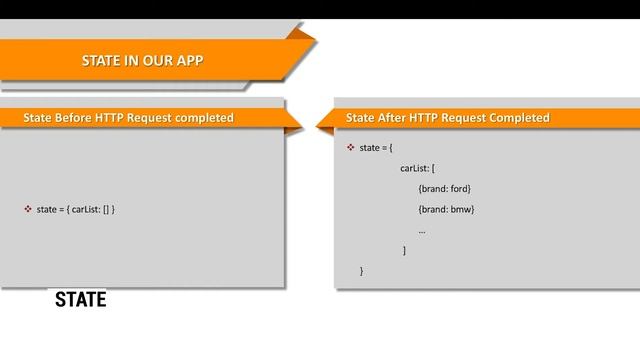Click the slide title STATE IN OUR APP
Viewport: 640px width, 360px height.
142,61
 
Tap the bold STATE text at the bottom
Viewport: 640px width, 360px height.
80,300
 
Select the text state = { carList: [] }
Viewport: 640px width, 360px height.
76,209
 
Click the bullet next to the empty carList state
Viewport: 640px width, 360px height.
27,209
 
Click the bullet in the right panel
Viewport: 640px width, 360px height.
351,147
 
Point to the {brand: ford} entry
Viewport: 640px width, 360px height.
444,188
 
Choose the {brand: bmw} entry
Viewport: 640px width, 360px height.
445,209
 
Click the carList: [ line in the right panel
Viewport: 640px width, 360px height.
417,168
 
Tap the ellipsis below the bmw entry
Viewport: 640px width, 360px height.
422,231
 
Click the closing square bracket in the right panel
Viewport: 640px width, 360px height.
404,250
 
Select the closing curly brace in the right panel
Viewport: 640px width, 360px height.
362,271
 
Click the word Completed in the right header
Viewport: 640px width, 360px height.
519,118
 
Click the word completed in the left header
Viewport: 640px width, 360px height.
204,118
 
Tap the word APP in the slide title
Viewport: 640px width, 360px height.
190,61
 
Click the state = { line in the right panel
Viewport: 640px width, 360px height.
376,147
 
